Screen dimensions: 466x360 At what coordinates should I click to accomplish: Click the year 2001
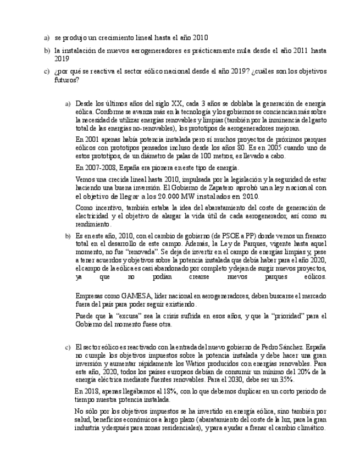coord(91,140)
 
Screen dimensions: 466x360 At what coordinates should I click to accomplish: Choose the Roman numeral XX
coord(176,103)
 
